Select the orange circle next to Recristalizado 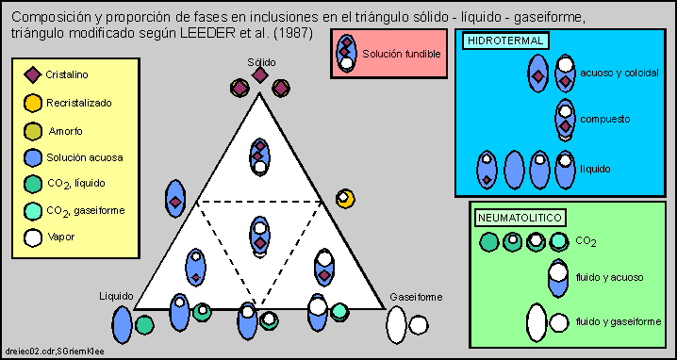pos(32,102)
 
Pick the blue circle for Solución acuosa pos(32,156)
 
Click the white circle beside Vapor pos(32,237)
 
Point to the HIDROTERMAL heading pos(497,41)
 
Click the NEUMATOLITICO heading pos(520,218)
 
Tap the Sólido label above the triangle pos(261,60)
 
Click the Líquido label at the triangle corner pos(116,295)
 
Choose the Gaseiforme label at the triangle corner pos(416,297)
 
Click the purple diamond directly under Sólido pos(260,76)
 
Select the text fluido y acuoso pos(613,277)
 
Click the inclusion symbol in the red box pos(347,54)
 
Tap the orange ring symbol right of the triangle pos(345,198)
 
